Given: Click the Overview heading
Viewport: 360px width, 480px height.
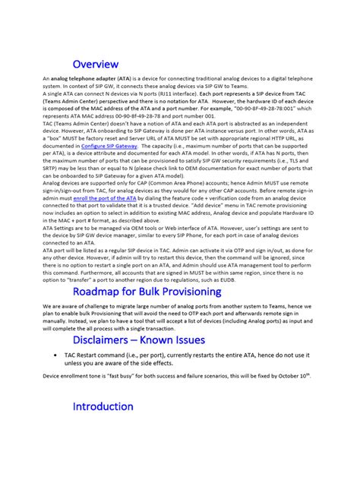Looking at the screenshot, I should click(95, 65).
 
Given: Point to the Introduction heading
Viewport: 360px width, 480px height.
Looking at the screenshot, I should click(103, 406).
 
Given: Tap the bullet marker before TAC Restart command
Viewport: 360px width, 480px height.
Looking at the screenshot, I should click(58, 355).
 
